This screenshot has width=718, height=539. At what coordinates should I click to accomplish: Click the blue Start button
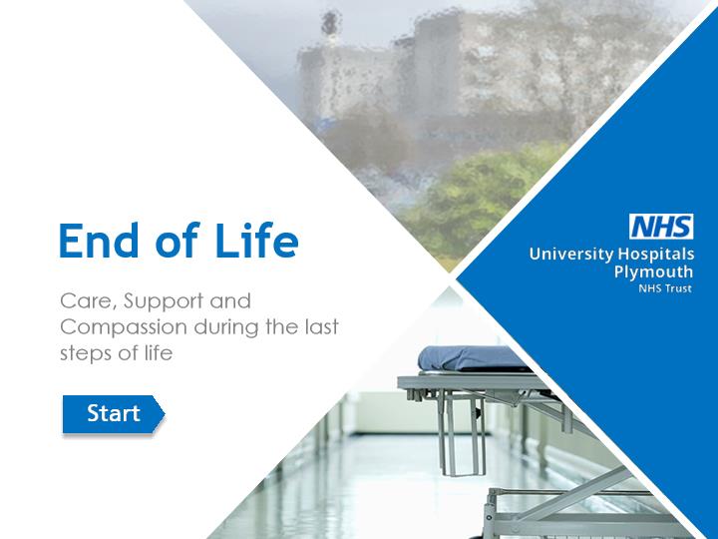tap(113, 414)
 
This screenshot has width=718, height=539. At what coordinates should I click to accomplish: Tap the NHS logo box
tap(661, 227)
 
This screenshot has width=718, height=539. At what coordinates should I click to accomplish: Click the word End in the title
tap(99, 241)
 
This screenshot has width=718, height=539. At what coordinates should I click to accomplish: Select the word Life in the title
tap(256, 240)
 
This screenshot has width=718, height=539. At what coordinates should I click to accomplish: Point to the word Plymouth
tap(653, 271)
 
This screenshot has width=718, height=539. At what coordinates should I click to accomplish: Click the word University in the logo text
tap(571, 254)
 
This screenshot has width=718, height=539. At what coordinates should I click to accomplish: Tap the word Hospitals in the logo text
tap(656, 254)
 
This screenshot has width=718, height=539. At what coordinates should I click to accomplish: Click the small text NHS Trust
tap(665, 288)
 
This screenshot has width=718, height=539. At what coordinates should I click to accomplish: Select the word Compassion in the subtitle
tap(124, 327)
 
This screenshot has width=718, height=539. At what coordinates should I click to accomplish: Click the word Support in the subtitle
tap(164, 302)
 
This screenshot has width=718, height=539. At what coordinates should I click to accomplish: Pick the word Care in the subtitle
tap(89, 301)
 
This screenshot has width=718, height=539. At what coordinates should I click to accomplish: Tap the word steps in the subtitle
tap(86, 353)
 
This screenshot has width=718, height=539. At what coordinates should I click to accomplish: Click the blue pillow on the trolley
tap(472, 358)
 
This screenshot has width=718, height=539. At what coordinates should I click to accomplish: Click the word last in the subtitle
tap(321, 326)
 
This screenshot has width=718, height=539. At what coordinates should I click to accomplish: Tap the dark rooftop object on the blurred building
tap(330, 22)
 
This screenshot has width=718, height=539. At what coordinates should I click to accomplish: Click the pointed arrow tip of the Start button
tap(164, 414)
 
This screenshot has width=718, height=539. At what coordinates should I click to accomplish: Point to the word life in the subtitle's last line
tap(160, 353)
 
